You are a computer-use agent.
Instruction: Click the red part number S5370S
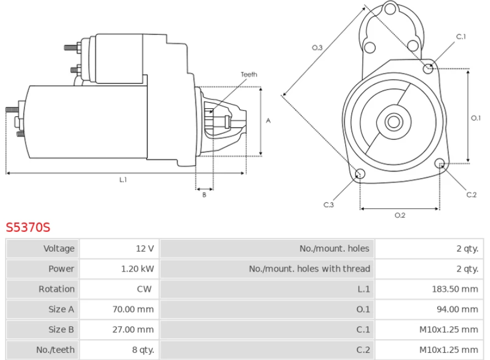[x=28, y=227]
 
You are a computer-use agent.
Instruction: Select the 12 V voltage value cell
[x=144, y=248]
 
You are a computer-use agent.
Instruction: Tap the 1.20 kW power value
[x=138, y=268]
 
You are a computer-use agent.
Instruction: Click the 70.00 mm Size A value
[x=134, y=309]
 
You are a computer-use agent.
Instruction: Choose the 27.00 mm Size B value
[x=134, y=329]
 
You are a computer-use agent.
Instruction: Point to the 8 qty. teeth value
[x=143, y=349]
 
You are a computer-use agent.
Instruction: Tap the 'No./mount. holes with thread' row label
[x=309, y=268]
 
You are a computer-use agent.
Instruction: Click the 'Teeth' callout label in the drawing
[x=249, y=75]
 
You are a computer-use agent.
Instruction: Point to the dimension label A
[x=268, y=120]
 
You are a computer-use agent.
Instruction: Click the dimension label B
[x=204, y=195]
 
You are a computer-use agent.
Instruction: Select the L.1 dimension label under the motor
[x=122, y=180]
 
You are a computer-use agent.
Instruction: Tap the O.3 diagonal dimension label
[x=317, y=48]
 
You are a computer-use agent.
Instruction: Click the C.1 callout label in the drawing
[x=461, y=37]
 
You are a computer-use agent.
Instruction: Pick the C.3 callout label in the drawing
[x=328, y=205]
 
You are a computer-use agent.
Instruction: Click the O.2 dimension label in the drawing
[x=400, y=215]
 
